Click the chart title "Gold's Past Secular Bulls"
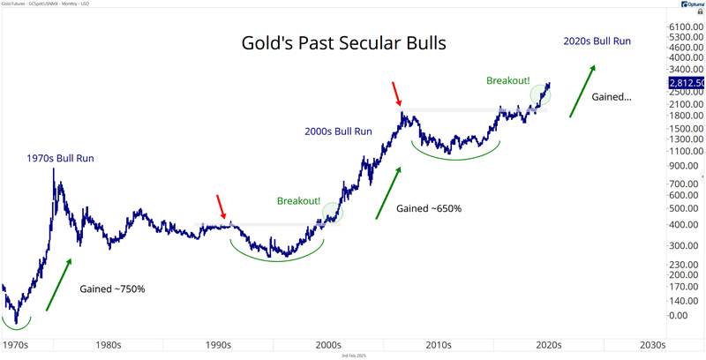click(343, 43)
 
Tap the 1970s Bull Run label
click(59, 160)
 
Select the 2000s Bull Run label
click(338, 131)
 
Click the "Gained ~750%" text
click(112, 289)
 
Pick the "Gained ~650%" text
click(429, 209)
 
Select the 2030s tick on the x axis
click(652, 345)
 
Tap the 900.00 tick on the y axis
click(683, 165)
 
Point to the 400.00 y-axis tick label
click(683, 225)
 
